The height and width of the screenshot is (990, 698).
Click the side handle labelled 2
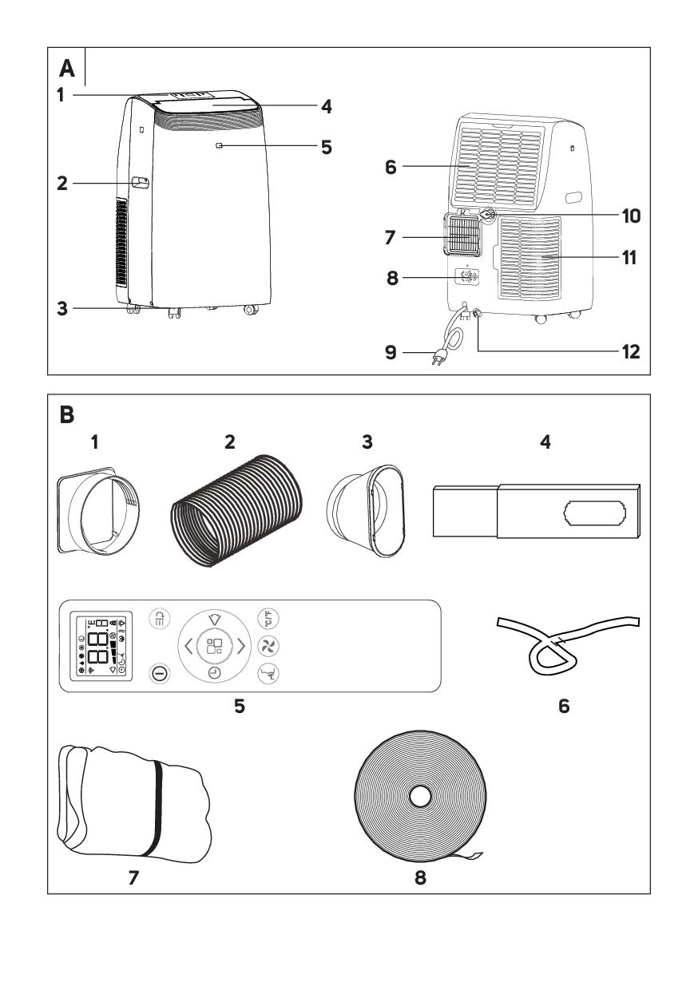(141, 183)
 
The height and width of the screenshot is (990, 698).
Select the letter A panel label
(69, 69)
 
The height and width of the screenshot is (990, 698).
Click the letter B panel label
(69, 415)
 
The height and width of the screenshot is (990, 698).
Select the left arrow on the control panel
(189, 646)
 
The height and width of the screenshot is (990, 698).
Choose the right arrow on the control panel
(241, 646)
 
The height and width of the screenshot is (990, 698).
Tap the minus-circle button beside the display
(160, 674)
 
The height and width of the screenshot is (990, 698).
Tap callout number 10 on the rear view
(630, 216)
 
